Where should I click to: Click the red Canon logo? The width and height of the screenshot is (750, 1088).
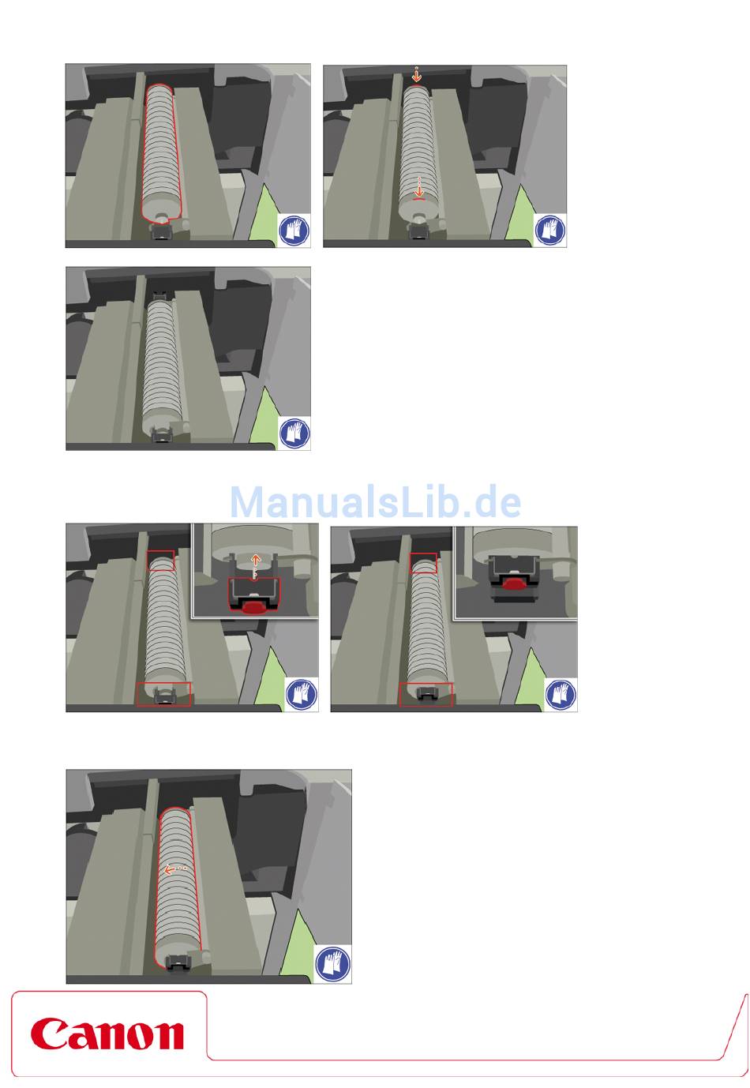[x=107, y=1034]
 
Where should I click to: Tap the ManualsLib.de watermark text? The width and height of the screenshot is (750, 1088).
[x=375, y=501]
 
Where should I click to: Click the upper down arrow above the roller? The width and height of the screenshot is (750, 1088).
[x=416, y=74]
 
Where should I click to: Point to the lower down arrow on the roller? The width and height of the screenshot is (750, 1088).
[x=418, y=187]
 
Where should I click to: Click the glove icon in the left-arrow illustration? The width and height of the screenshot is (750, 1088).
[x=332, y=963]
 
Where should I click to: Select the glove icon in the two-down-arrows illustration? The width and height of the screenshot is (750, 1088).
[x=550, y=229]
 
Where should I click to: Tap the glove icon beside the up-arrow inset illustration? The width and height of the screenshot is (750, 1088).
[x=301, y=693]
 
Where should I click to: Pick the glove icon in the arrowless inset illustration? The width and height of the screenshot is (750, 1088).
[x=561, y=693]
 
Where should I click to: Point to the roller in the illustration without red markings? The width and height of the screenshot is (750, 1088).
[x=163, y=366]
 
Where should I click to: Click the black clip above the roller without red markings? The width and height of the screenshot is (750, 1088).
[x=159, y=295]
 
